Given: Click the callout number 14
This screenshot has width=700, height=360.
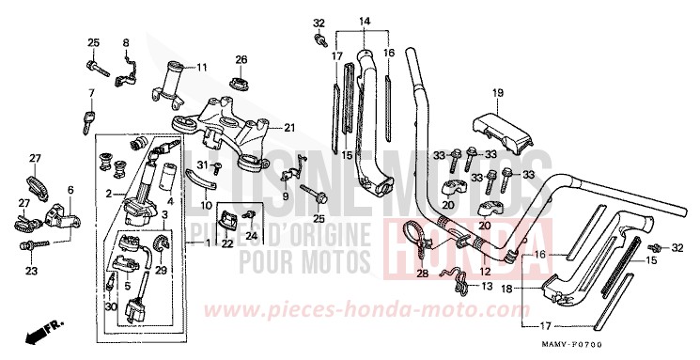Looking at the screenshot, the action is (x=365, y=22).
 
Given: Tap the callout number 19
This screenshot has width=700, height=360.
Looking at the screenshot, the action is (x=498, y=92).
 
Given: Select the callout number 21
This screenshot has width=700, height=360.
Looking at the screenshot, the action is (x=289, y=128).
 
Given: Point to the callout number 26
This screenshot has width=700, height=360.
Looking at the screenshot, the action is (x=241, y=60).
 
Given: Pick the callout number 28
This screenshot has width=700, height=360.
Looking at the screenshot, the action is (x=422, y=274).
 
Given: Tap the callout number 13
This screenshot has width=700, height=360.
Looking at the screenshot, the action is (x=485, y=284).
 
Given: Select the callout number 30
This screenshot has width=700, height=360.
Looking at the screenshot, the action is (x=110, y=306).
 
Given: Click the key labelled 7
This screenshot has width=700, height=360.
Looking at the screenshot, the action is (x=90, y=118).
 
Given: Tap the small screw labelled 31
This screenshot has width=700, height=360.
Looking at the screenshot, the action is (x=216, y=168).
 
